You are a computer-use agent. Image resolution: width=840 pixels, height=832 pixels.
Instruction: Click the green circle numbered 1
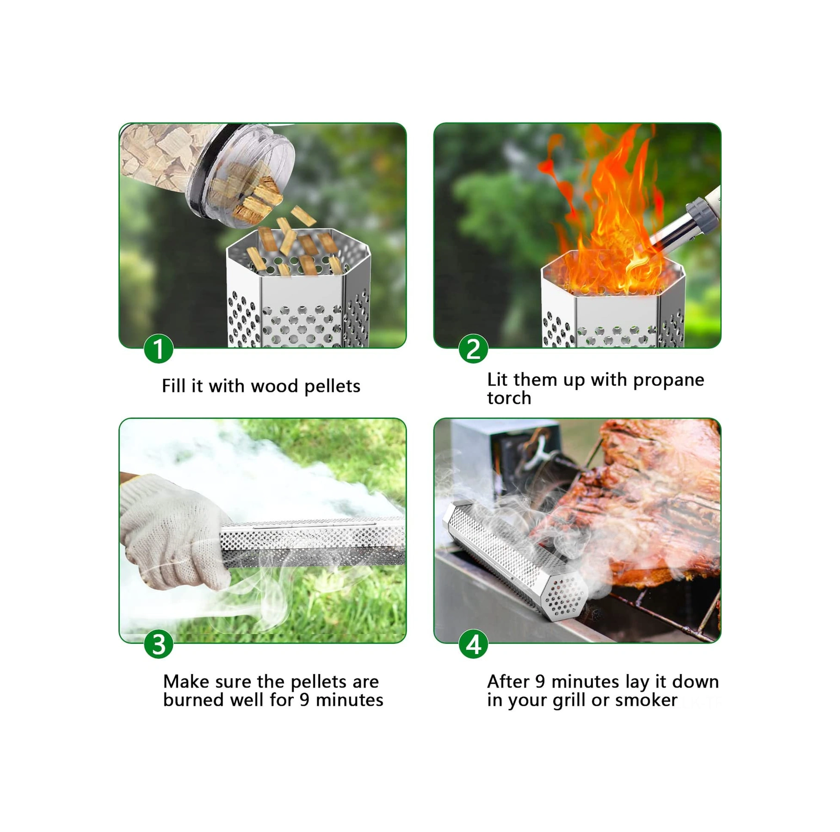[x=159, y=349]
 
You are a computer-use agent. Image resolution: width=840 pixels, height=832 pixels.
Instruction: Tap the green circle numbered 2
[x=473, y=349]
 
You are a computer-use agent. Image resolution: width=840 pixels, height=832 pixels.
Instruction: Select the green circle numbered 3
[x=159, y=644]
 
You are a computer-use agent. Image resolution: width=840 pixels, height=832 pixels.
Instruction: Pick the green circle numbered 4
[x=473, y=644]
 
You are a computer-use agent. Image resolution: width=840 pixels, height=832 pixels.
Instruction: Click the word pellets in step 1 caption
[x=332, y=386]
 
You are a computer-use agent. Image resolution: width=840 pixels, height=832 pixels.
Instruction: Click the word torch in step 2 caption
[x=509, y=398]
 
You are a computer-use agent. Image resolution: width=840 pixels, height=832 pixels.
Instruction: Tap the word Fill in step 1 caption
[x=173, y=386]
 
